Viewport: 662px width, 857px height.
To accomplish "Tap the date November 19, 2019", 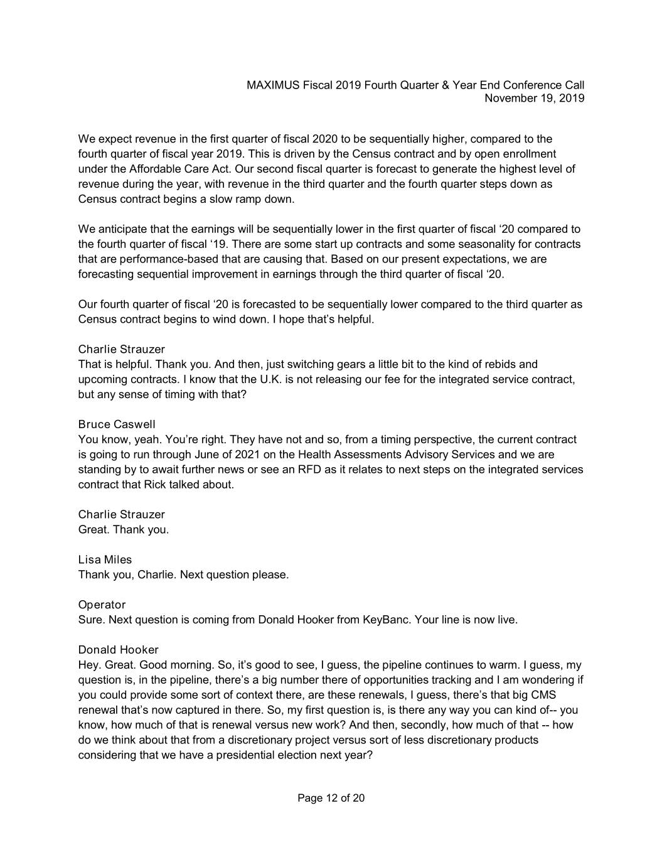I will (x=535, y=98).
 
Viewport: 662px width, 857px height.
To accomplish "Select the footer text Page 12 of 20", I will (x=331, y=798).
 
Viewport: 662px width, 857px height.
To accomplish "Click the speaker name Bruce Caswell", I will (x=117, y=424).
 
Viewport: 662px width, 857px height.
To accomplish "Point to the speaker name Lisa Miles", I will (x=105, y=559).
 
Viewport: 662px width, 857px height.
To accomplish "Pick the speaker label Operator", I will (x=102, y=605).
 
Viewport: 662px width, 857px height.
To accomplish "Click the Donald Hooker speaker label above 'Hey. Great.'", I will (x=118, y=650).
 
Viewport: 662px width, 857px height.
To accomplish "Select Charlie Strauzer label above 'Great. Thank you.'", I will (x=121, y=514).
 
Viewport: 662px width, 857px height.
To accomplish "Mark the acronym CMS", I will (x=543, y=695).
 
